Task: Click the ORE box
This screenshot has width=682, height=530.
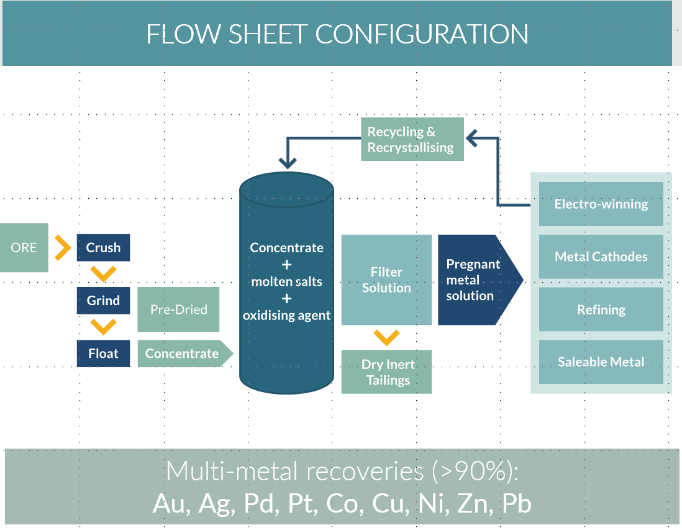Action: point(24,247)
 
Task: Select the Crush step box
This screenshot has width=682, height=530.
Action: point(103,247)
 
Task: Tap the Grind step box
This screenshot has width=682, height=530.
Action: point(103,301)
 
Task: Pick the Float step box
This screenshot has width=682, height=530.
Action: point(103,354)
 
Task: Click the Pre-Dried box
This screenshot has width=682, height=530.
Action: point(178,309)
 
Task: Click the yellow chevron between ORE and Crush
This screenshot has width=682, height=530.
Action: point(62,247)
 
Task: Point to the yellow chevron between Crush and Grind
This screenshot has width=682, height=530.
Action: point(103,273)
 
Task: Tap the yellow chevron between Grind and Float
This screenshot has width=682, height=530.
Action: point(103,327)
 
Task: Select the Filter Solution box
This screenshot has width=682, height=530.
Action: point(386,280)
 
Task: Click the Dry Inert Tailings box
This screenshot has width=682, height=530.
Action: point(386,372)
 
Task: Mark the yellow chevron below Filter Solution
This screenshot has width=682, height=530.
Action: point(386,337)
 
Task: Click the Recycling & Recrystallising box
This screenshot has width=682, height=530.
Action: point(412,140)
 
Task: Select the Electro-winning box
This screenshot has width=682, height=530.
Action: point(601,204)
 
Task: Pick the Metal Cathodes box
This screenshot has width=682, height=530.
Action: point(601,257)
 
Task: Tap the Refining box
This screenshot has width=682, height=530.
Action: point(601,309)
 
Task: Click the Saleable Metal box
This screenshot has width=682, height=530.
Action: point(601,362)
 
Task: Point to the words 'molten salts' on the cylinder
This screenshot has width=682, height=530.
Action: point(286,281)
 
